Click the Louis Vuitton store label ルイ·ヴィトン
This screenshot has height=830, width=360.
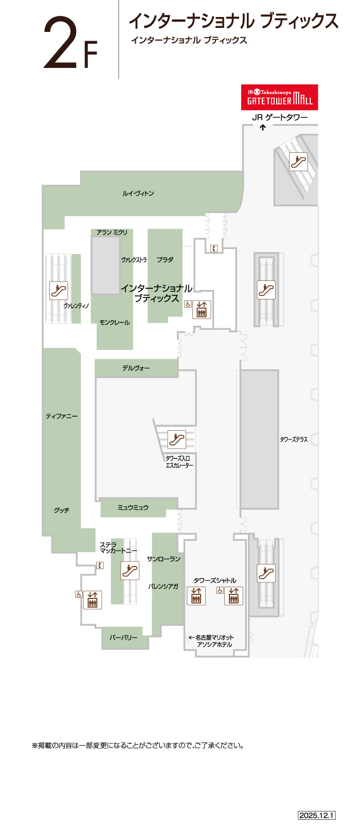point(138,193)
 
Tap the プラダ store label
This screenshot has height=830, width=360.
point(165,260)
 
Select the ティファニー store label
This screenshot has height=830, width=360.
point(62,416)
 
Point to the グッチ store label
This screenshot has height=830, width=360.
point(62,510)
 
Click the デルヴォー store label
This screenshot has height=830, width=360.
point(136,368)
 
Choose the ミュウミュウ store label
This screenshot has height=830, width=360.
point(133,507)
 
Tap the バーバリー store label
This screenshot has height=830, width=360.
point(123,638)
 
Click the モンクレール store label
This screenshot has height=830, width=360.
point(115,322)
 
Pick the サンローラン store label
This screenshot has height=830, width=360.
point(164,559)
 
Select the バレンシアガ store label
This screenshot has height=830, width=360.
point(163,586)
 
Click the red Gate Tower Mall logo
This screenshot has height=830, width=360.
point(280,97)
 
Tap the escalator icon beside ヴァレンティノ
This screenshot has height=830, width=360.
point(59,291)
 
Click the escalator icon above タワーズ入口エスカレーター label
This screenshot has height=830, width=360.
point(177,439)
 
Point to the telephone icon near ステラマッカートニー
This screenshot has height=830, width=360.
point(100,566)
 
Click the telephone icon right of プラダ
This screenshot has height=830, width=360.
point(214,249)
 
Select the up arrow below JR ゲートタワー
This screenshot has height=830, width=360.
point(262,128)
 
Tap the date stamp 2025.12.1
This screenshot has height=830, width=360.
point(317,815)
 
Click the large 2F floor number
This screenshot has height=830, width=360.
point(70,44)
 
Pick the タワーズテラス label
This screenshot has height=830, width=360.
point(294,439)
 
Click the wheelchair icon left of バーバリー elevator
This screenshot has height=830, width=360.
point(79,594)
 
